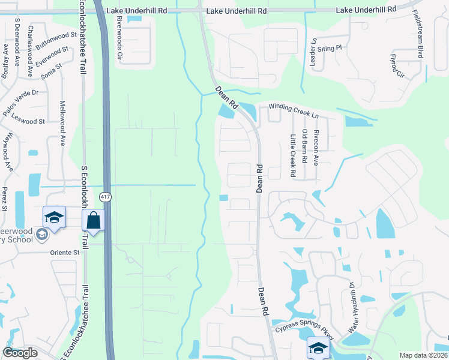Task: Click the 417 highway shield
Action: pyautogui.click(x=105, y=197)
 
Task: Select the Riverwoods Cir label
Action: pyautogui.click(x=119, y=38)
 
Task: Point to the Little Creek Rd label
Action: pyautogui.click(x=293, y=155)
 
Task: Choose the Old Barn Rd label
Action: pyautogui.click(x=305, y=146)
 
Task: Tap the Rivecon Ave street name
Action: pyautogui.click(x=316, y=146)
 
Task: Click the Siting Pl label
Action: pyautogui.click(x=330, y=47)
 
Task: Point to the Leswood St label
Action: pyautogui.click(x=28, y=121)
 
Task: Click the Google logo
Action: pyautogui.click(x=20, y=353)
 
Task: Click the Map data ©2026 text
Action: pyautogui.click(x=423, y=355)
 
